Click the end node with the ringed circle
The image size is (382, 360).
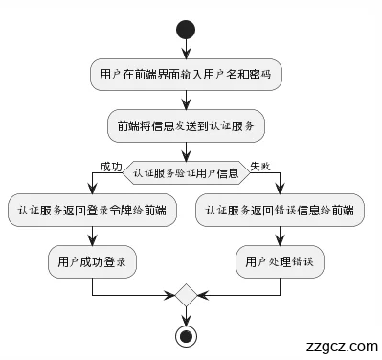(186, 335)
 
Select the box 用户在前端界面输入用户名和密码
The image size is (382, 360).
(186, 75)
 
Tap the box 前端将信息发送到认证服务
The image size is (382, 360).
(186, 125)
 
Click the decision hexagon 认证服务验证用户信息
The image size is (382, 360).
(186, 173)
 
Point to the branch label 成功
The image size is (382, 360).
(110, 166)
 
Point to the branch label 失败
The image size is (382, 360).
(260, 166)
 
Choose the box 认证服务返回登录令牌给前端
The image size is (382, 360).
(92, 211)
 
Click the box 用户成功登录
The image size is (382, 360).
(92, 260)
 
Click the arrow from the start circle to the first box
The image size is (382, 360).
(186, 51)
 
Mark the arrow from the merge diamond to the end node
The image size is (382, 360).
(186, 315)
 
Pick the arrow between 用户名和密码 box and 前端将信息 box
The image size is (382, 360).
(186, 101)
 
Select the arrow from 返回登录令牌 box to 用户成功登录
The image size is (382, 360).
(92, 236)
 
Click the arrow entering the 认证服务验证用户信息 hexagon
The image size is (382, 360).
(186, 149)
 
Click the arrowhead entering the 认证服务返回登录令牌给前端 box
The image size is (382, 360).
(92, 191)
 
